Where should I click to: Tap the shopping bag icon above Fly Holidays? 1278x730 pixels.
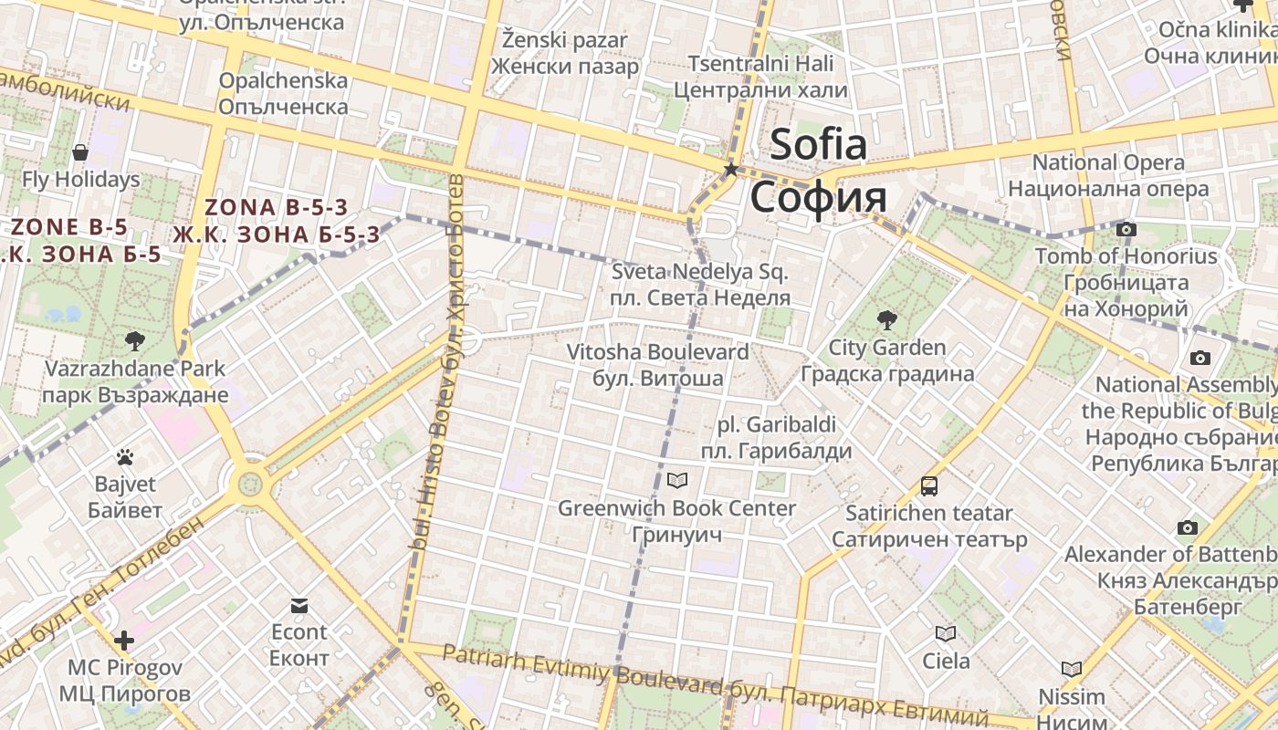click(80, 152)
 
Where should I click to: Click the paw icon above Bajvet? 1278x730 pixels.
click(125, 457)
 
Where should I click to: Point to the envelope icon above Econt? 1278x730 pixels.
click(299, 605)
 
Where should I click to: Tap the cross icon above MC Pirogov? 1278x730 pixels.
click(124, 641)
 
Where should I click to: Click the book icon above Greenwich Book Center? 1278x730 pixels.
click(677, 480)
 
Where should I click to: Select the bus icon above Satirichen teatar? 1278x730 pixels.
click(929, 485)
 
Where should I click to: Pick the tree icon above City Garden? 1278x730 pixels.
click(886, 319)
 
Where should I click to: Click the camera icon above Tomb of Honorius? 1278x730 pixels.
click(1126, 229)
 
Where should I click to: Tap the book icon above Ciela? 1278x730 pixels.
click(946, 633)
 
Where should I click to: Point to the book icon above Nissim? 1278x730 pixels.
click(1072, 670)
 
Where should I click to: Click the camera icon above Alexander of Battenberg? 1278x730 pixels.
click(1187, 527)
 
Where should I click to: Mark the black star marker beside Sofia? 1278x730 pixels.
click(730, 170)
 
